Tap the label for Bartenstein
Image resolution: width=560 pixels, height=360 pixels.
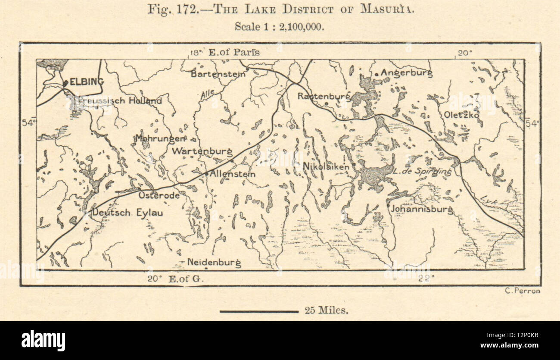[218, 74]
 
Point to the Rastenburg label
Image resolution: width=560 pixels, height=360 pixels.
[324, 96]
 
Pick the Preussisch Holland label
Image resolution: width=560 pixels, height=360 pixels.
[120, 101]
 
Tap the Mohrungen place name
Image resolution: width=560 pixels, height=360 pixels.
[160, 139]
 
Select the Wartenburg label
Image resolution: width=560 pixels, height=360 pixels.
[202, 151]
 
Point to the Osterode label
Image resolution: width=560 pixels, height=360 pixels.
[159, 195]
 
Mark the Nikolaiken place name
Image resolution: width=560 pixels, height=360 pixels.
[326, 166]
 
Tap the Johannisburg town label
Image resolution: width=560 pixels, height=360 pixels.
[421, 210]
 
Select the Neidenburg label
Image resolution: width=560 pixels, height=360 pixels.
[214, 262]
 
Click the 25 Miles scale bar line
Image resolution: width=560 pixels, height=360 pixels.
[259, 311]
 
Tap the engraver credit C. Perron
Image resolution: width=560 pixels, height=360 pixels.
[522, 291]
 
